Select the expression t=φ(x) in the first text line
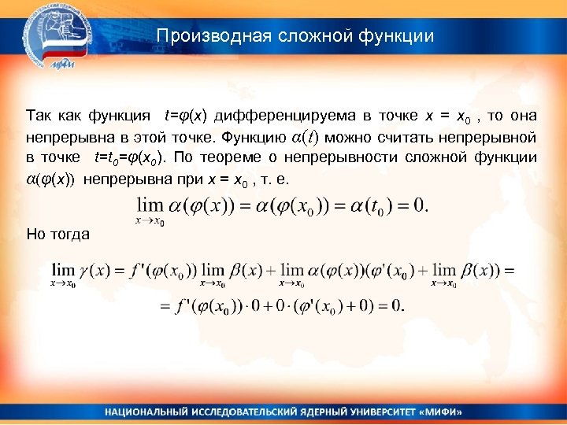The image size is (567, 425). pos(185,116)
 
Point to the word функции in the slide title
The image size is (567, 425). pos(398,36)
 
